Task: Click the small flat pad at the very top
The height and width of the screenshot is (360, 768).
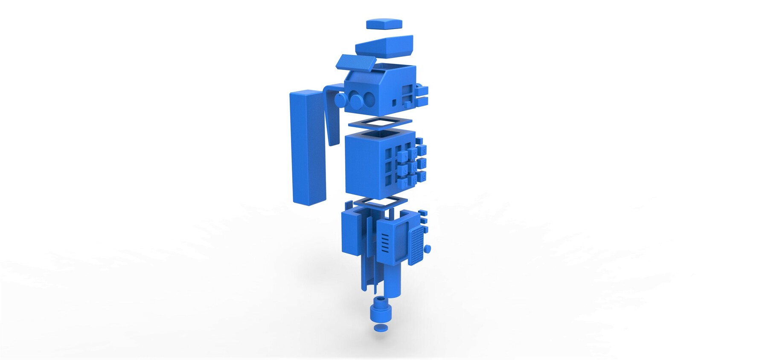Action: [x=384, y=23]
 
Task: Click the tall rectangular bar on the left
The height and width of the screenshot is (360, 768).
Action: [x=307, y=147]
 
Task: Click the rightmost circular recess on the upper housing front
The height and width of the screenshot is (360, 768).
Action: [x=369, y=100]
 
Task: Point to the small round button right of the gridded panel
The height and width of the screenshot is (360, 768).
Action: [x=428, y=249]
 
